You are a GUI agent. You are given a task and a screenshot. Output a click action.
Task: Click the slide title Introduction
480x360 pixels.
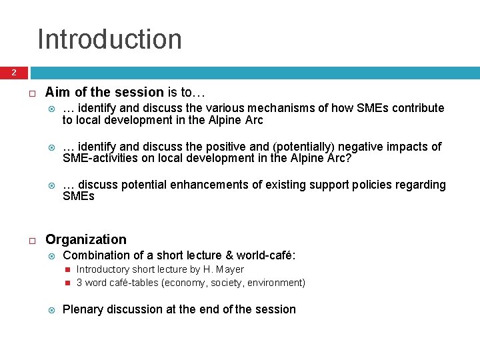[109, 39]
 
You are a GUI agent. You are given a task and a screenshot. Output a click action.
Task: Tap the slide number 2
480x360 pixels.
[13, 73]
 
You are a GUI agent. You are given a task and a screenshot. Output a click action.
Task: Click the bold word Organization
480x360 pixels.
[85, 239]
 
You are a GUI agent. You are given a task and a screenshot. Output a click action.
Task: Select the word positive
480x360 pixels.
[225, 146]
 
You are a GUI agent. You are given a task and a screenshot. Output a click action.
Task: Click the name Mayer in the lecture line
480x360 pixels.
[229, 269]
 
